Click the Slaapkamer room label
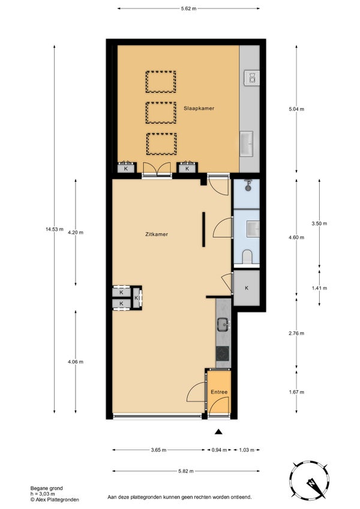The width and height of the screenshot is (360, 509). coord(199,109)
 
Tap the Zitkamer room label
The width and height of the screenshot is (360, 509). coord(157,234)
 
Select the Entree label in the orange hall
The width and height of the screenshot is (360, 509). coord(219,392)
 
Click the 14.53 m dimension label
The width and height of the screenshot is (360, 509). coord(55,229)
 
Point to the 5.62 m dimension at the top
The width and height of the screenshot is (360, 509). coord(188,9)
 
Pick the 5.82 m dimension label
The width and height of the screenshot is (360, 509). coord(185,471)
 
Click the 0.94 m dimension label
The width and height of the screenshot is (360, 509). coord(220,450)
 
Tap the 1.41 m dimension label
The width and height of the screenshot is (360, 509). coord(319,288)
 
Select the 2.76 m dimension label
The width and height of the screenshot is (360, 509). coord(296,333)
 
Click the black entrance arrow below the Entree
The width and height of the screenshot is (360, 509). coord(219,432)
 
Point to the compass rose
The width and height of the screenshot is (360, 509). coord(309,479)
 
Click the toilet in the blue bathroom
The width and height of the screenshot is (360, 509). coord(247,256)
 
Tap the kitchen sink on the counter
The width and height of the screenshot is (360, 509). coord(223,324)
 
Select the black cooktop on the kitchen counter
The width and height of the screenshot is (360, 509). coord(223,354)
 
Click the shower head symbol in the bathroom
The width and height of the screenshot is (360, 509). coord(248,186)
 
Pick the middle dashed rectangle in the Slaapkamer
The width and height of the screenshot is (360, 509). coord(161,113)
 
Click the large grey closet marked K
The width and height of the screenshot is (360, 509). coord(247,288)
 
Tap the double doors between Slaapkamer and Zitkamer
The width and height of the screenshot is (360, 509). coord(157,169)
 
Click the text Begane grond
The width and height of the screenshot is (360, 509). coord(46,488)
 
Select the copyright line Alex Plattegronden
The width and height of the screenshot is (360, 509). coord(55,499)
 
